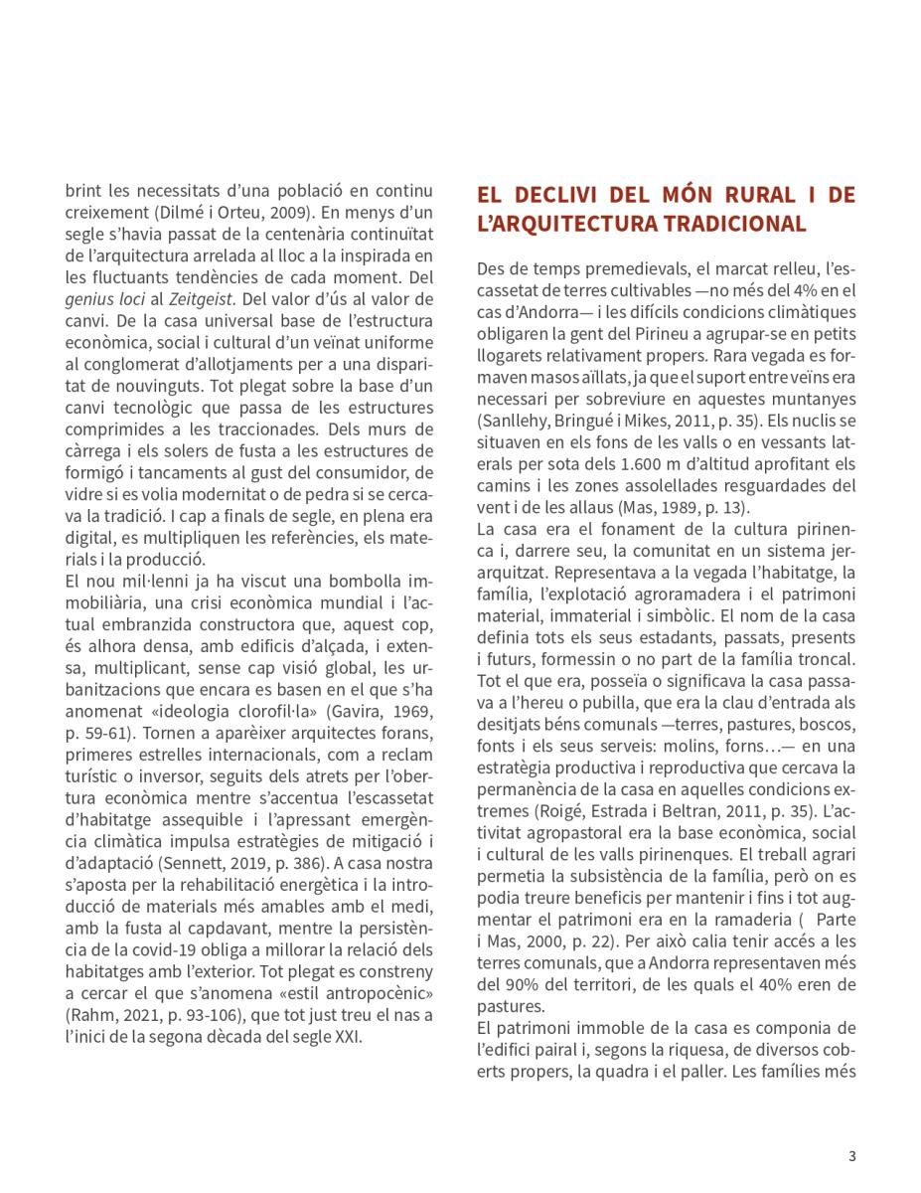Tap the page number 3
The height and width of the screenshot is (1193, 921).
point(852,1155)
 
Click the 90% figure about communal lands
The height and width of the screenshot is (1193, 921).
point(514,983)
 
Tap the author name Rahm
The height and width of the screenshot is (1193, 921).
point(92,1015)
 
